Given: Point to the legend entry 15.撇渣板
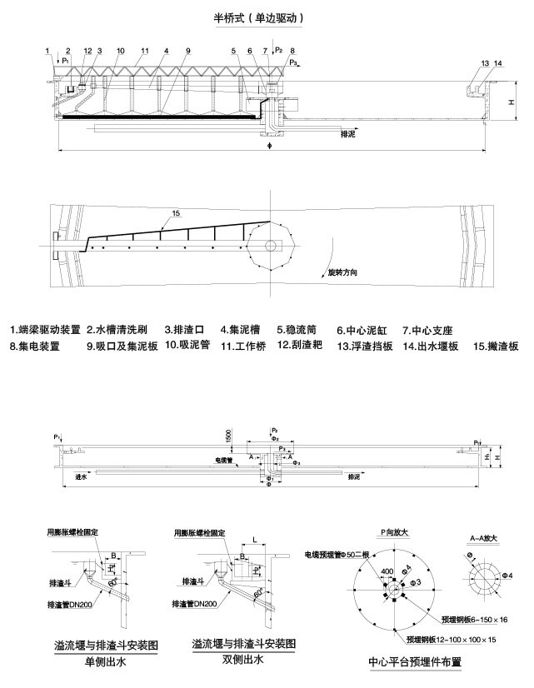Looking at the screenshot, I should [497, 345].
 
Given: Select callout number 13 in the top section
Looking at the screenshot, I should [485, 64].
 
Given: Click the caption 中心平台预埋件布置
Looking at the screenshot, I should [414, 663].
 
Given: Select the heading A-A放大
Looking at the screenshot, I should [482, 539].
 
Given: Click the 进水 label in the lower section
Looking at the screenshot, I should [82, 476].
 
